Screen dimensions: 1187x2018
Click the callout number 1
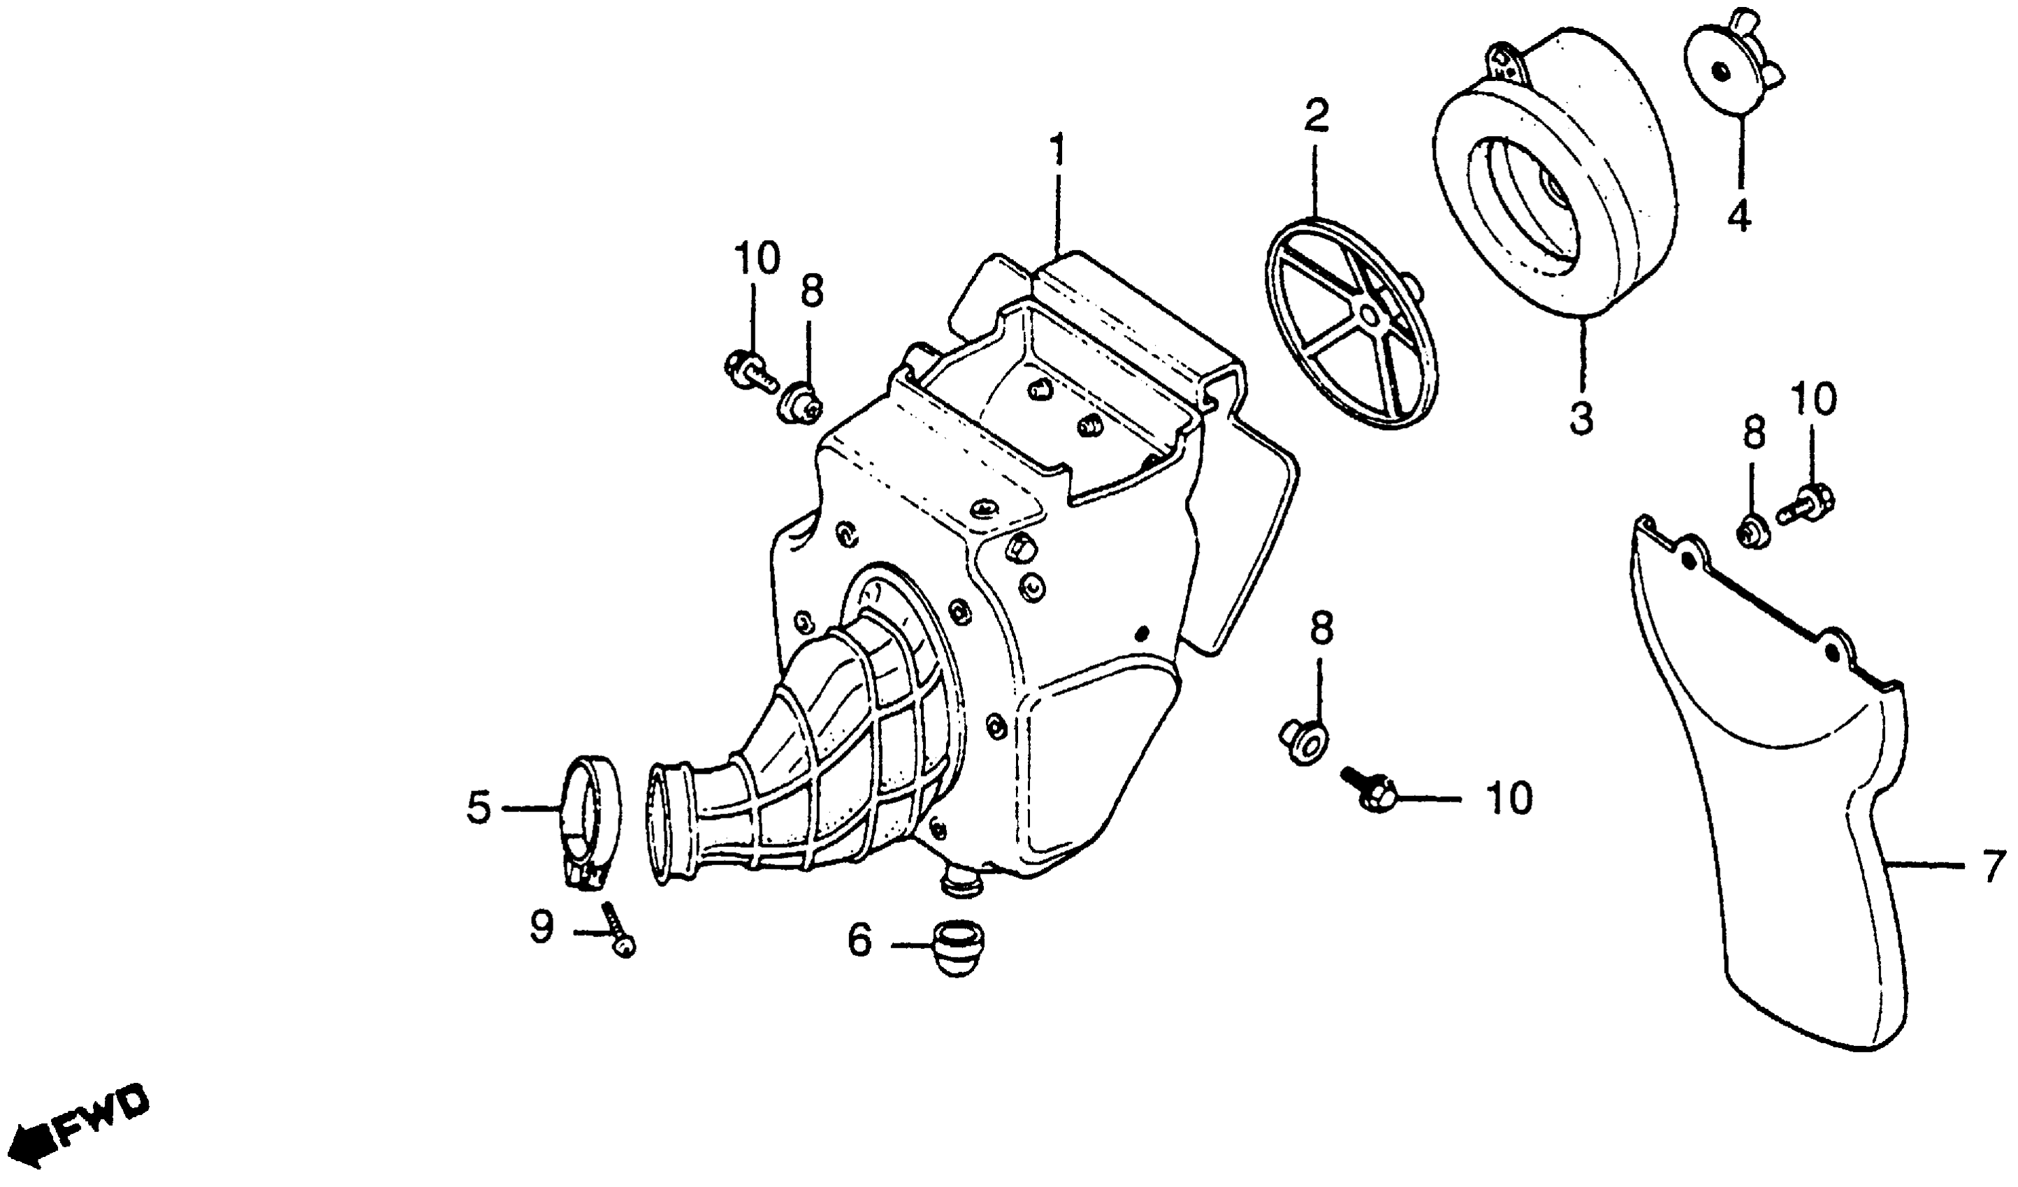(1059, 152)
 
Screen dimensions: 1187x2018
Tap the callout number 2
(1316, 117)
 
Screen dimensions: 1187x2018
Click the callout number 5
(479, 809)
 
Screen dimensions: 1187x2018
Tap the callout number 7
(1991, 867)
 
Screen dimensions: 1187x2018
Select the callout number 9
(542, 929)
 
